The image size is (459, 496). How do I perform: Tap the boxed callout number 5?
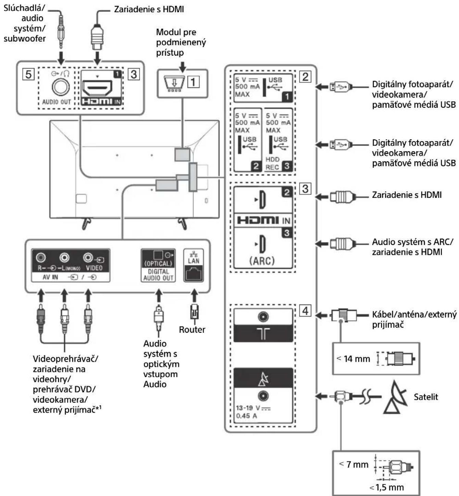click(x=28, y=74)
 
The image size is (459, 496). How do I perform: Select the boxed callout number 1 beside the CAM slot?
click(x=193, y=82)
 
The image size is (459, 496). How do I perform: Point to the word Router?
click(x=192, y=330)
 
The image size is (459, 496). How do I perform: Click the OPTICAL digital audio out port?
click(x=158, y=255)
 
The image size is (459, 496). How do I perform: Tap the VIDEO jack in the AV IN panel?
click(x=88, y=257)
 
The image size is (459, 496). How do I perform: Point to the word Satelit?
click(x=426, y=397)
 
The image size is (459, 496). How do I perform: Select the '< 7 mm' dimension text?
click(x=354, y=464)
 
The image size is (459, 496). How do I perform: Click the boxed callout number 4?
click(x=305, y=311)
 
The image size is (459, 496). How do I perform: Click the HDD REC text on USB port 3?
click(x=272, y=163)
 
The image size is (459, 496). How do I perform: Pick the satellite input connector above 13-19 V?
click(x=263, y=396)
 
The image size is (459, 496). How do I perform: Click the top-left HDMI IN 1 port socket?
click(x=98, y=88)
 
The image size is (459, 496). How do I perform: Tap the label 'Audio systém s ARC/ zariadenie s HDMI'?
click(x=412, y=247)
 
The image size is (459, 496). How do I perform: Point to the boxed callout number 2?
click(x=305, y=76)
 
